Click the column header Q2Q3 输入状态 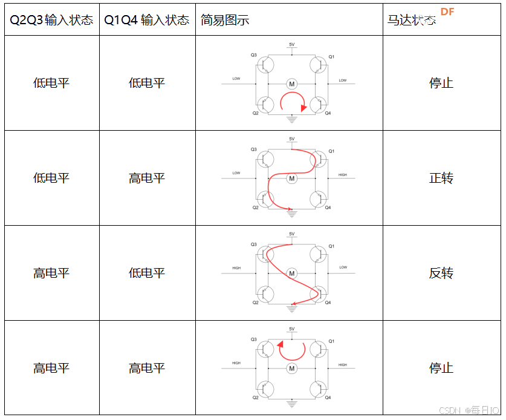(x=51, y=20)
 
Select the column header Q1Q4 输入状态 (x=147, y=20)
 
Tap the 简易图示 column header (x=225, y=20)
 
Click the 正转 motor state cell (x=441, y=178)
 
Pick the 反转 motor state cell (x=441, y=273)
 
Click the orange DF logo (x=447, y=12)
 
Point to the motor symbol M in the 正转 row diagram (x=292, y=179)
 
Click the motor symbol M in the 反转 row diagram (x=292, y=274)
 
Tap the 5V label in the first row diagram (x=292, y=45)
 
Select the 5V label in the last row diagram (x=292, y=329)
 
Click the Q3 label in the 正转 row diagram (x=254, y=149)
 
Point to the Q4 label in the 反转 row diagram (x=328, y=303)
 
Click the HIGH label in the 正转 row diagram (x=343, y=175)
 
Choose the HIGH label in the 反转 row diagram (x=236, y=268)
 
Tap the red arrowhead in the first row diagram (x=303, y=107)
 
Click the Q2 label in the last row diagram (x=255, y=398)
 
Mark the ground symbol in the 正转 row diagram (x=292, y=212)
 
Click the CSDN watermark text (x=450, y=410)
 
